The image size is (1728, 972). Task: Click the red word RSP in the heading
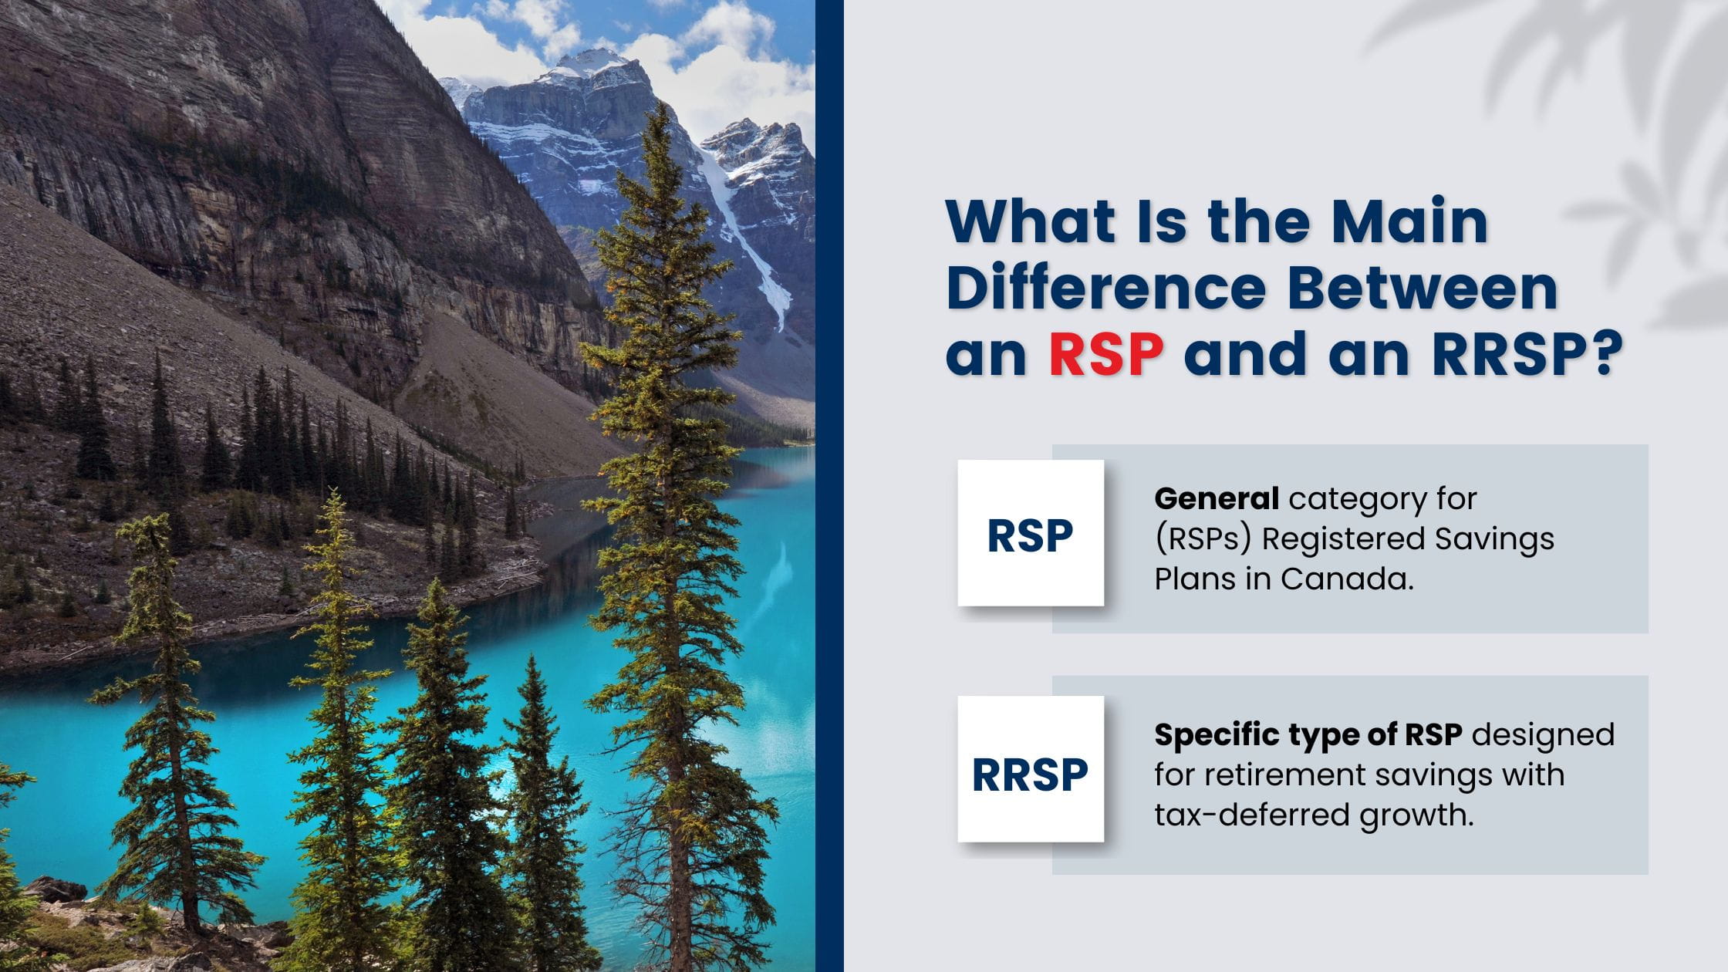1106,354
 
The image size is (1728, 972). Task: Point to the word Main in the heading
1411,221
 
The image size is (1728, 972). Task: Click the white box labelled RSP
1031,533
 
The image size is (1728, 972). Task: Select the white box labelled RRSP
1031,769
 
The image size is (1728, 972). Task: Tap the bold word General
1217,498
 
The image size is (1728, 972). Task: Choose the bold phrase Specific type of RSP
1308,735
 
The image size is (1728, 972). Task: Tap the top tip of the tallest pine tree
661,103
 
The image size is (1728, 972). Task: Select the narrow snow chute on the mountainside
747,239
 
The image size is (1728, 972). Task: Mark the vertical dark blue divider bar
829,486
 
